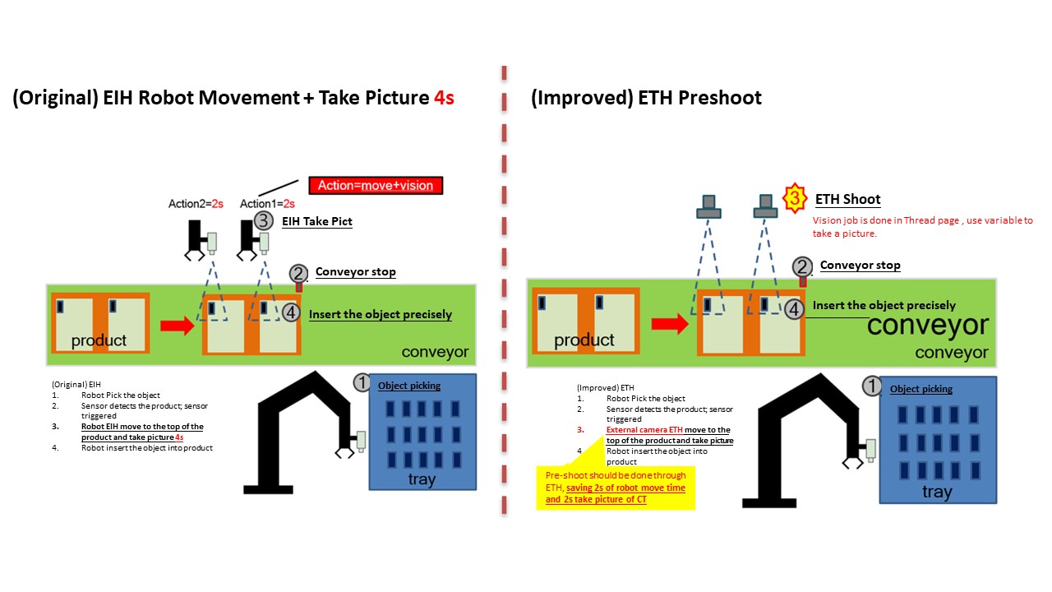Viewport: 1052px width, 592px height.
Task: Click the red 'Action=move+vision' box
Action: (376, 185)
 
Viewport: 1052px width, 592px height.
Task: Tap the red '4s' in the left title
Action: (444, 98)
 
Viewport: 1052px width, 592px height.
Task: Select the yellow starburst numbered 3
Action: (793, 198)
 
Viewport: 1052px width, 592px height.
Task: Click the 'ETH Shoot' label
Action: (847, 199)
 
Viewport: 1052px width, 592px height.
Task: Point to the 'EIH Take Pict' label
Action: (317, 221)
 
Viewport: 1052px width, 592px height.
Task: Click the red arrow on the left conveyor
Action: (177, 326)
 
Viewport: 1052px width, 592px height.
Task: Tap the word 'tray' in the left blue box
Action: (422, 479)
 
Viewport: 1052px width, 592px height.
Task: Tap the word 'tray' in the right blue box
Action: (937, 492)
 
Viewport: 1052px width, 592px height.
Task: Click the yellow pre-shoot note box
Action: (616, 488)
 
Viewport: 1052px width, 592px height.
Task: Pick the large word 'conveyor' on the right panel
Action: (927, 326)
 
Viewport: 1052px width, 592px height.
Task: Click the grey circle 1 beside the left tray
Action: (362, 382)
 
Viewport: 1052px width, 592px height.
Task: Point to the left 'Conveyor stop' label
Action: (355, 272)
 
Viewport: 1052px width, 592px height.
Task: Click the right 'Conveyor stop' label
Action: (860, 266)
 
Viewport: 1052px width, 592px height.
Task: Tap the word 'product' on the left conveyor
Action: (99, 340)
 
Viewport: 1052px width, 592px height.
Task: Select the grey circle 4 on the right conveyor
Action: (793, 309)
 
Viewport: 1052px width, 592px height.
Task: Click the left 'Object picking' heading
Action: (409, 386)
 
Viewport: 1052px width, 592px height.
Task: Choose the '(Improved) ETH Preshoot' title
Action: (646, 98)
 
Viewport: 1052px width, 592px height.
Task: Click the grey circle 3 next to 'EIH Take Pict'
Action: (263, 220)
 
